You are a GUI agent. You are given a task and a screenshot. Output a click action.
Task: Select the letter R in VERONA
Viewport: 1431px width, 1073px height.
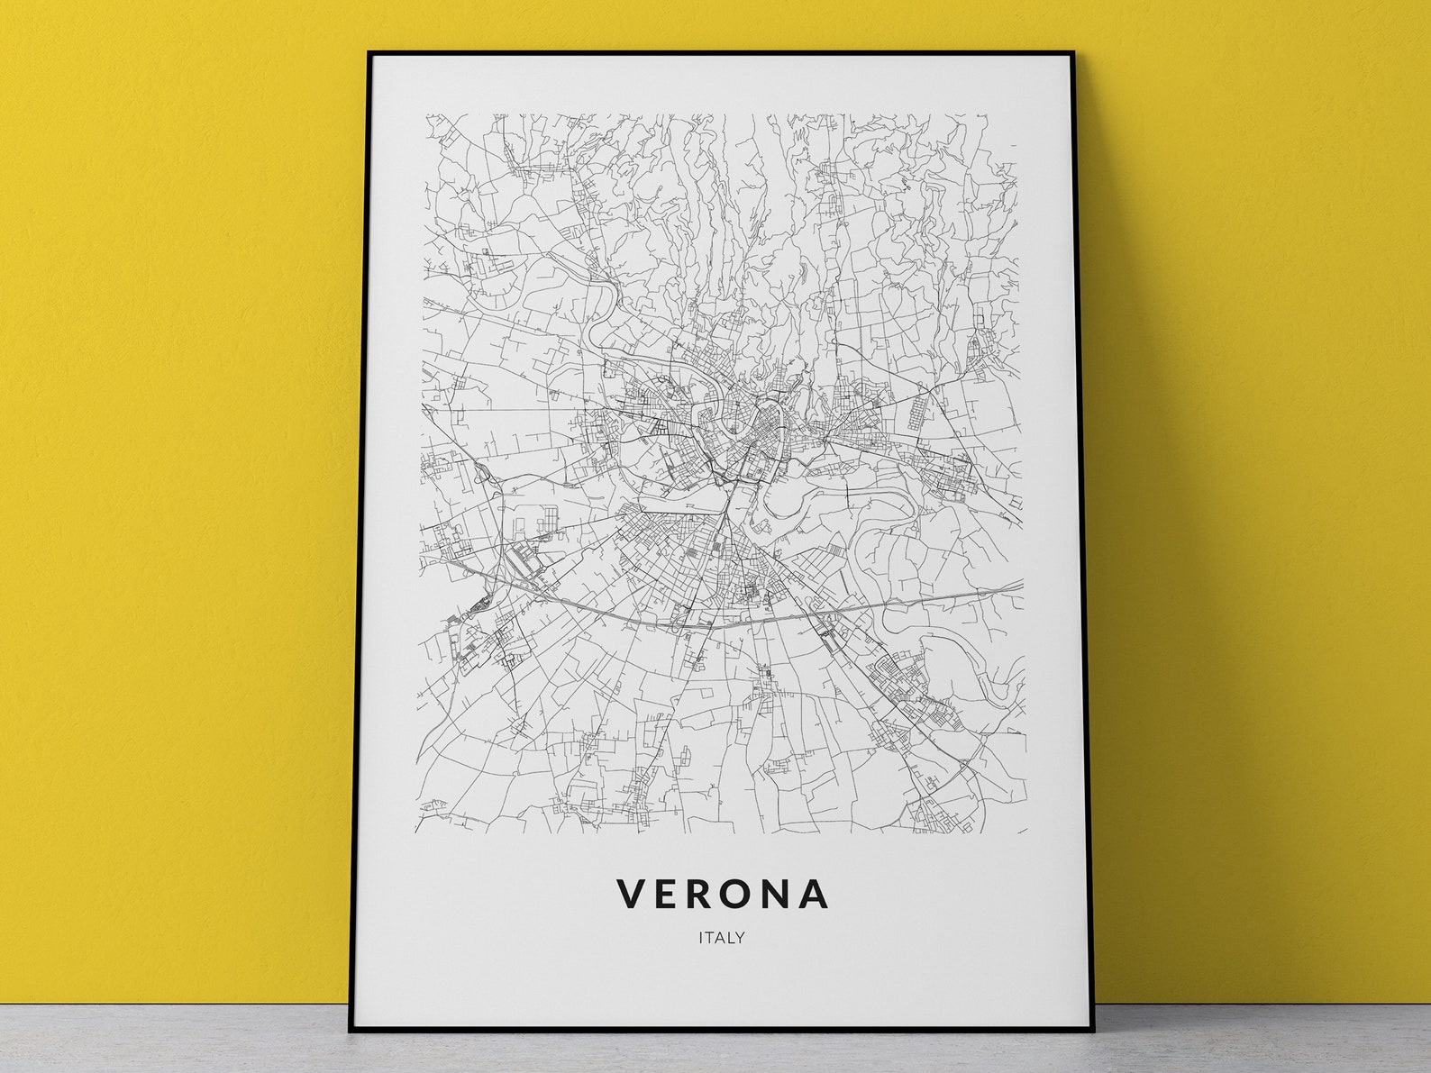click(703, 893)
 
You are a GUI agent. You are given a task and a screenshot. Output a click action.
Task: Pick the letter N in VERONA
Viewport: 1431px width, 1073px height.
click(780, 893)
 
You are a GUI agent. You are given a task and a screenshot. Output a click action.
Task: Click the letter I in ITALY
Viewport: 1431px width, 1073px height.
click(700, 938)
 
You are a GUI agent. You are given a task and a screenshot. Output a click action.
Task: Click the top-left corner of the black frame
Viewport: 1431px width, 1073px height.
click(369, 53)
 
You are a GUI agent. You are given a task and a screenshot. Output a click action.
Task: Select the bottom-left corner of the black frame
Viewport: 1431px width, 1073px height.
click(351, 1030)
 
